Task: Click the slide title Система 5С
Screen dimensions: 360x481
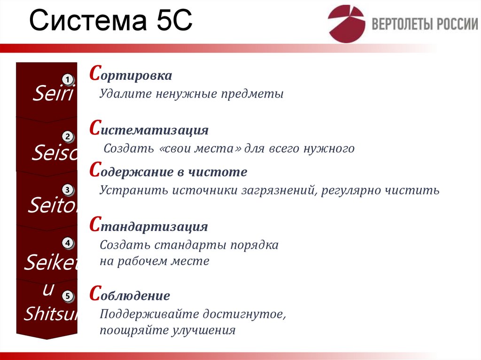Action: (x=111, y=23)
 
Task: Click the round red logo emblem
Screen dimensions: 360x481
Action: (x=346, y=24)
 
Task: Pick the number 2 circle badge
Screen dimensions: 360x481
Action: (x=68, y=137)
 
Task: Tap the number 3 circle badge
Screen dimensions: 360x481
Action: (x=68, y=190)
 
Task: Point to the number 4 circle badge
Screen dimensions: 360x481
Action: (x=68, y=243)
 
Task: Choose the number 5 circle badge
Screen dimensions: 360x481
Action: (x=68, y=296)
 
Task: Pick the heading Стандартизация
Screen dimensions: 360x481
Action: (x=148, y=227)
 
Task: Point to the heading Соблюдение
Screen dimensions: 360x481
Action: (x=130, y=296)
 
